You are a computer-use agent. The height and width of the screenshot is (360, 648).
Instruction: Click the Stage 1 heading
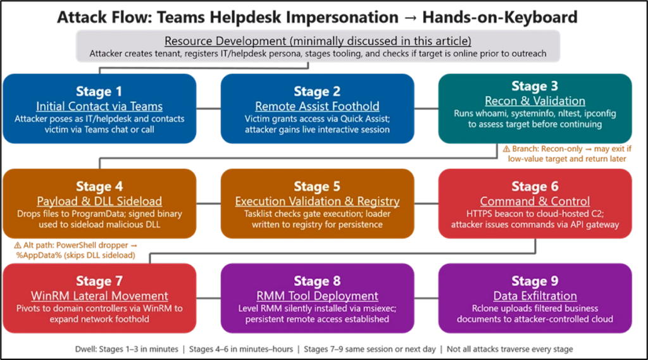pos(99,91)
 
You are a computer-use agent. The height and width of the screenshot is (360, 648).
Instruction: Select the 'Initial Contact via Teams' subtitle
pos(99,106)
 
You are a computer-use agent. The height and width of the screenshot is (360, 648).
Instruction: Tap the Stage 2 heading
pos(317,91)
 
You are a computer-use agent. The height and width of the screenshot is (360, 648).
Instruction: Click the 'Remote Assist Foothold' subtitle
pos(317,106)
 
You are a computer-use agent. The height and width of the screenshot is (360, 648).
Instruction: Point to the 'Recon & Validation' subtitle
pos(535,101)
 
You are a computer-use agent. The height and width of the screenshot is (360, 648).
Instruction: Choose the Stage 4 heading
pos(99,187)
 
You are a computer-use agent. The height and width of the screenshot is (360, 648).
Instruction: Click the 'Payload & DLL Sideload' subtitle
pos(99,201)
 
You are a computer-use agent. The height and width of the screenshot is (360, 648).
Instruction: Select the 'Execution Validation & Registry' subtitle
pos(317,201)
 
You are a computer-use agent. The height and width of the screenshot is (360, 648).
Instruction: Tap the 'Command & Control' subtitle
pos(535,201)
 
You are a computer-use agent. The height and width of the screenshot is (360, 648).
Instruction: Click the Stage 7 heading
pos(99,281)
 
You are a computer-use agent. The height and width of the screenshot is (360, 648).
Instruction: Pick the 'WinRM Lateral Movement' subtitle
pos(99,295)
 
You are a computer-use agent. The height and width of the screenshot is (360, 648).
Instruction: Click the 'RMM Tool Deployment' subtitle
pos(317,295)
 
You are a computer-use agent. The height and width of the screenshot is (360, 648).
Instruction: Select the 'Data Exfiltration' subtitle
pos(535,295)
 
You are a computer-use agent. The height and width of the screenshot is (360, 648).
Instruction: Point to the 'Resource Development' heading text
pos(318,40)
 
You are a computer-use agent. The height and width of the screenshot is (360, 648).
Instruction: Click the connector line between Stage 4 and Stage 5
pos(208,203)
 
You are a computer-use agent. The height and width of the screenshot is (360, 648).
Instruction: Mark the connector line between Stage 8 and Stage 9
pos(427,297)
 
